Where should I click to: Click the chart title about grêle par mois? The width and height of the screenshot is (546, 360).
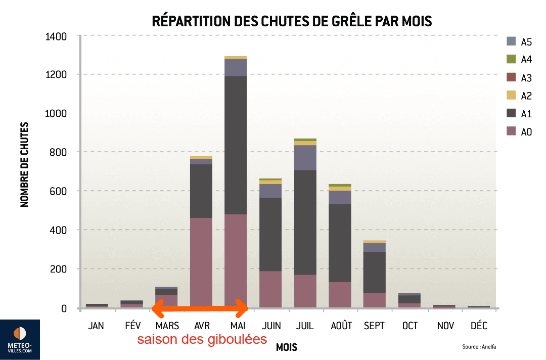(292, 21)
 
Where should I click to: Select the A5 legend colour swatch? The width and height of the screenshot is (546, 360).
(511, 41)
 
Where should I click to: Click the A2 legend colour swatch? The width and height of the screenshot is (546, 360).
(511, 96)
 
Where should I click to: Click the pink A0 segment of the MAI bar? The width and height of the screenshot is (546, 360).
(236, 260)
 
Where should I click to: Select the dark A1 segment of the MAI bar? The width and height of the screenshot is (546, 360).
(236, 145)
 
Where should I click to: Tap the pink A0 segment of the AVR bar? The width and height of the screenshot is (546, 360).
(201, 262)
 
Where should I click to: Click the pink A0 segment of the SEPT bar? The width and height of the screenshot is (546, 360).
(374, 299)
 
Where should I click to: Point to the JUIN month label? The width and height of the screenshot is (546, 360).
(270, 326)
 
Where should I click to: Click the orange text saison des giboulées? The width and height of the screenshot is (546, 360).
(202, 339)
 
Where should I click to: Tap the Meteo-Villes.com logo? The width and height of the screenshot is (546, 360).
(20, 339)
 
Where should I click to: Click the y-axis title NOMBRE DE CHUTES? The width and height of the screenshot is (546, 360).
(24, 165)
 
